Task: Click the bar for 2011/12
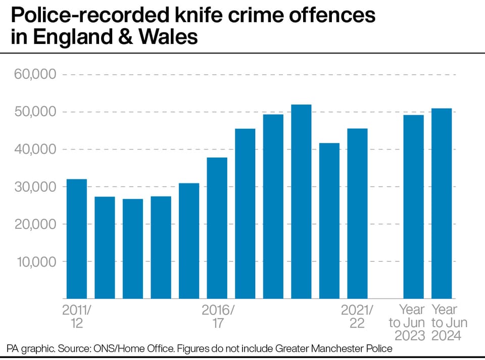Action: (x=77, y=239)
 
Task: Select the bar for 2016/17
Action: (x=217, y=228)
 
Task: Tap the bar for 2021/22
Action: (x=357, y=214)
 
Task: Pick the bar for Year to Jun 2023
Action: (x=414, y=207)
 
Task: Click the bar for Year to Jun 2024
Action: (x=442, y=203)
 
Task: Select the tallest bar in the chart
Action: (x=301, y=201)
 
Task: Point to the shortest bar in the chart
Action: (x=133, y=249)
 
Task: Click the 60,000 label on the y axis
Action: (x=35, y=74)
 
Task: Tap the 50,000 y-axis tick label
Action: (x=35, y=112)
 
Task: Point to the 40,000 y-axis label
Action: (x=35, y=149)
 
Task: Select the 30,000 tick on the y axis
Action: (x=35, y=187)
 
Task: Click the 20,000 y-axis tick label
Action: (x=35, y=224)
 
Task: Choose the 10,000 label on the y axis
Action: (x=36, y=262)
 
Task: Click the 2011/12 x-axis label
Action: (x=77, y=317)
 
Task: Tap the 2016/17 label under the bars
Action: (x=218, y=317)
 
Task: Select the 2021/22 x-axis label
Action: (x=357, y=317)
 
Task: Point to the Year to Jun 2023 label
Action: (x=407, y=323)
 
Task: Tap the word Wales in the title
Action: (x=168, y=37)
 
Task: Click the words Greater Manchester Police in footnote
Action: (x=334, y=348)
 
